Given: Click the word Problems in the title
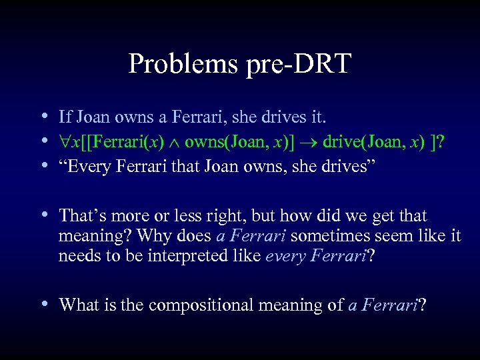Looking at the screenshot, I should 182,65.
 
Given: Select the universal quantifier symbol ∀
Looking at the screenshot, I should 64,142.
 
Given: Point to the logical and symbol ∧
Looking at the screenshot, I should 175,142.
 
